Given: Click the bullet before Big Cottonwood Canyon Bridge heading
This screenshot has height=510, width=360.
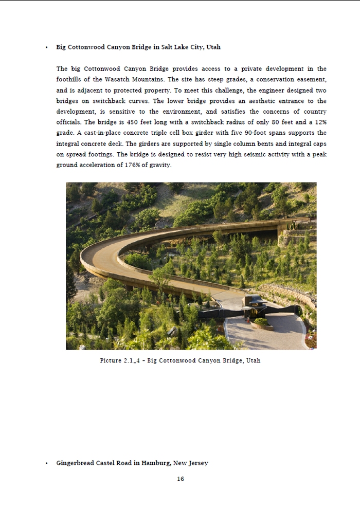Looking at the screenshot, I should (x=46, y=47).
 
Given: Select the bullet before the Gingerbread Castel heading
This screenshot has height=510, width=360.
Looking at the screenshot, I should (x=46, y=463).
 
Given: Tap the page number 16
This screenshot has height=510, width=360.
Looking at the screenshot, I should (x=180, y=479).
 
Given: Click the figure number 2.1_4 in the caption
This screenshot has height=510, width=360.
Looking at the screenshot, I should (x=132, y=361).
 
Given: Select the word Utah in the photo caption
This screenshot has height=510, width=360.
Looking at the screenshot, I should (x=253, y=361).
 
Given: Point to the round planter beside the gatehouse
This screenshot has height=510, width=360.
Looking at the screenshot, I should (x=261, y=322).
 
